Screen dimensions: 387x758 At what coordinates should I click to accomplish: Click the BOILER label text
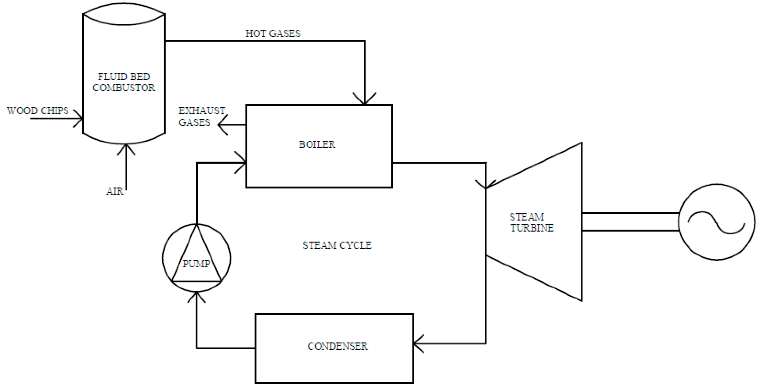317,144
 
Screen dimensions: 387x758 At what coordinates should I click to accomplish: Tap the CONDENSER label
337,346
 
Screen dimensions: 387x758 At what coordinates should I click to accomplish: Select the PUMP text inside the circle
196,264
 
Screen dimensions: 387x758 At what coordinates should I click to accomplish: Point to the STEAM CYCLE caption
337,245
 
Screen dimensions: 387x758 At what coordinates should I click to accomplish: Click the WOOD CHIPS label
38,111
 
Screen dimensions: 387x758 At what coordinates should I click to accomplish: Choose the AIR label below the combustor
114,191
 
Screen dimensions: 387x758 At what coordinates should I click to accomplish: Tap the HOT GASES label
273,34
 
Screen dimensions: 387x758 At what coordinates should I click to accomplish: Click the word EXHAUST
202,111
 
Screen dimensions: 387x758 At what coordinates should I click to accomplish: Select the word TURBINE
532,228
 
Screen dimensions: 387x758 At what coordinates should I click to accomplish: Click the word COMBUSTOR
123,87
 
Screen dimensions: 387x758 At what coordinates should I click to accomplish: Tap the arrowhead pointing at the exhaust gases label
221,125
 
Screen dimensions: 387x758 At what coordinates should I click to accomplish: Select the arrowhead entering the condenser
417,343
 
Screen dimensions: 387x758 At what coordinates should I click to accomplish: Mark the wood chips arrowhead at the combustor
79,119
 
